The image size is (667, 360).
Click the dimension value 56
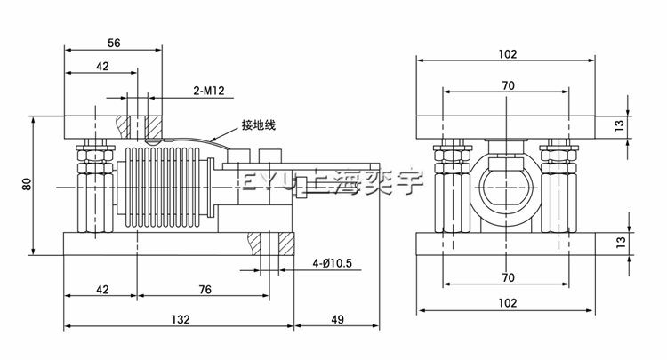pyautogui.click(x=114, y=42)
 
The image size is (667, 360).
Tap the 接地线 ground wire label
pyautogui.click(x=259, y=125)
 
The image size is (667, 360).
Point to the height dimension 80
pyautogui.click(x=27, y=184)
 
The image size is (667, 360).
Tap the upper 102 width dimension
pyautogui.click(x=506, y=54)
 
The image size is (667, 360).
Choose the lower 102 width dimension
pyautogui.click(x=506, y=302)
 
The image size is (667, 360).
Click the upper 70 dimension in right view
pyautogui.click(x=508, y=86)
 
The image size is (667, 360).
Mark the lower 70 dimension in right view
pyautogui.click(x=508, y=277)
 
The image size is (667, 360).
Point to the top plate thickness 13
pyautogui.click(x=633, y=125)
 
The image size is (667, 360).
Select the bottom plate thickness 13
pyautogui.click(x=633, y=241)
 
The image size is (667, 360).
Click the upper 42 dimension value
pyautogui.click(x=101, y=67)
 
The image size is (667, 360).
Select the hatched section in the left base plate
pyautogui.click(x=268, y=242)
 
